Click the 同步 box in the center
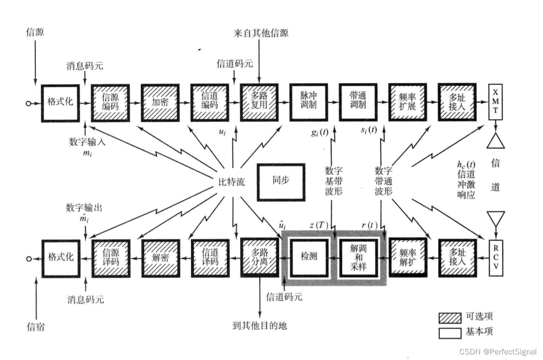(x=281, y=182)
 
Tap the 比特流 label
(x=232, y=182)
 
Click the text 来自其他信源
(x=261, y=33)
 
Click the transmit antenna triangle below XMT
(x=495, y=140)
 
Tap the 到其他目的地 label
(x=259, y=326)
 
